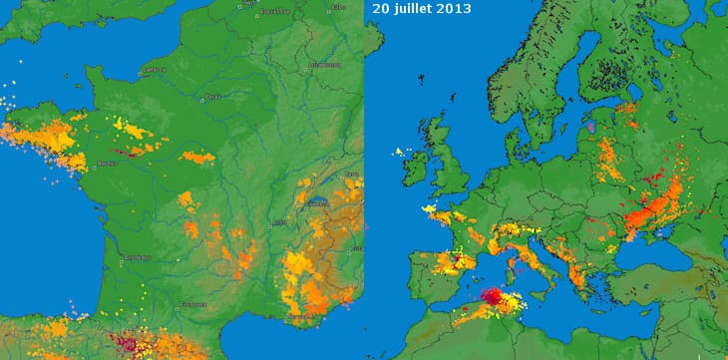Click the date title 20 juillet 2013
(x=422, y=8)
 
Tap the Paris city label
(x=211, y=97)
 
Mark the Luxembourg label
(x=324, y=64)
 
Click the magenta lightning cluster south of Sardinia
(x=493, y=297)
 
